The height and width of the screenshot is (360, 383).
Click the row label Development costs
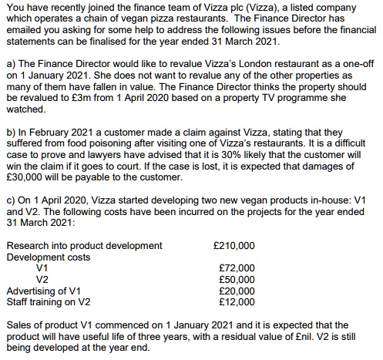tap(48, 257)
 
